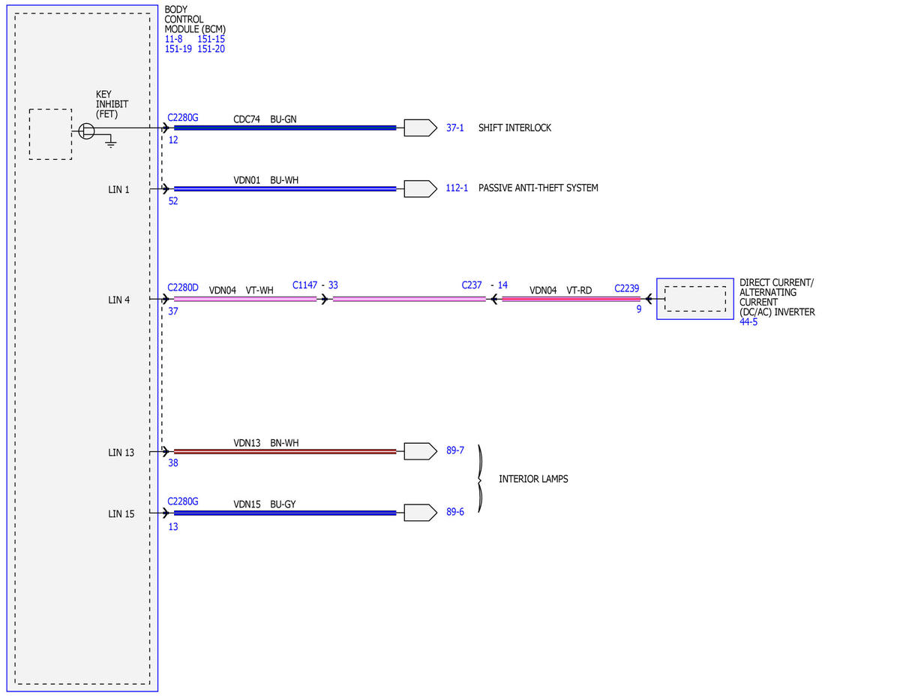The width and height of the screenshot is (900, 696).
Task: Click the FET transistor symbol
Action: coord(86,131)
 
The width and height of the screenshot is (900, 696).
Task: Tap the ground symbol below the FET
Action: coord(110,143)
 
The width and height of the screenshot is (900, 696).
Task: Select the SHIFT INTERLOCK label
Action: coord(514,128)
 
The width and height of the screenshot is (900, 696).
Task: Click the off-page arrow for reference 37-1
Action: coord(420,128)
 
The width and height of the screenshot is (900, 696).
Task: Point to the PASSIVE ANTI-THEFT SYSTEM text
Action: coord(538,188)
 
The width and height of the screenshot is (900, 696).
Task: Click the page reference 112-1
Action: coord(457,188)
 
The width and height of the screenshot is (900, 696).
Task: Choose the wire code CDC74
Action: coord(247,119)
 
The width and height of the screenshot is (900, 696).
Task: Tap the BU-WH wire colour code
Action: coord(284,180)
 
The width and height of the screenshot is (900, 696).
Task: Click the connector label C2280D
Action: coord(183,288)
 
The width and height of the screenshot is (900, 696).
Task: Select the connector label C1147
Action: coord(304,285)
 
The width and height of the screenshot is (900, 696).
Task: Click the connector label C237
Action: coord(472,285)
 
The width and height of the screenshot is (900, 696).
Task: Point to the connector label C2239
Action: coord(627,288)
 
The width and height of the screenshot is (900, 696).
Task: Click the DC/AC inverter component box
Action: coord(694,299)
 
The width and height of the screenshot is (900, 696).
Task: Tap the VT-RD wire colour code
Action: coord(579,290)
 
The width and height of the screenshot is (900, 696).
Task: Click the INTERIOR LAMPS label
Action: coord(533,479)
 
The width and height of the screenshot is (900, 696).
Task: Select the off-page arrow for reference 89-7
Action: coord(420,451)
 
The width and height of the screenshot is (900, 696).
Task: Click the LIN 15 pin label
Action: coord(121,514)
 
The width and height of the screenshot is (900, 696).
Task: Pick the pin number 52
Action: coord(173,201)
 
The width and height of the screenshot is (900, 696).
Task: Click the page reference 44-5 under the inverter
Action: coord(748,321)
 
